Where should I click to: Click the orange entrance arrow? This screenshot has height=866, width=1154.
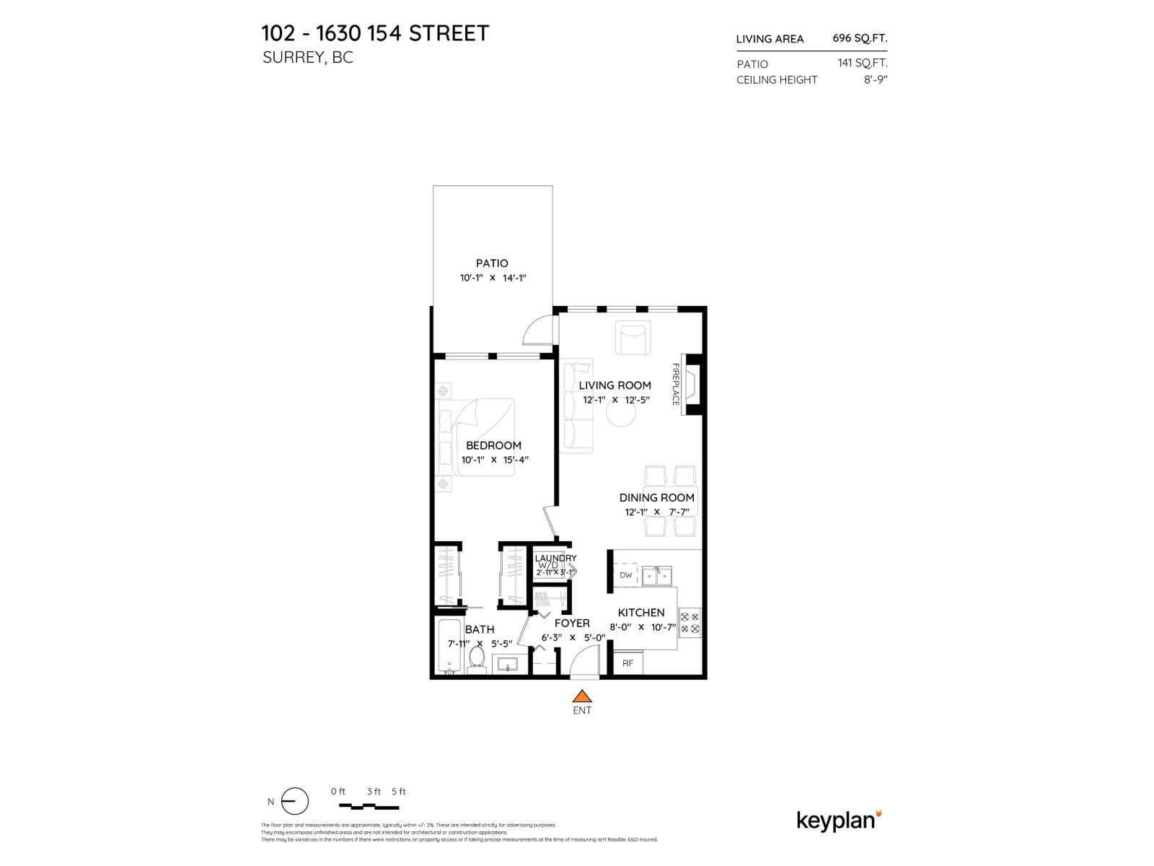[581, 696]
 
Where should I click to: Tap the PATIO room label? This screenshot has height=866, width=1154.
[492, 263]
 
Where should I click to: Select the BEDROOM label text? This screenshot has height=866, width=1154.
[493, 445]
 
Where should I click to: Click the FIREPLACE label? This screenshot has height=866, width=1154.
[677, 384]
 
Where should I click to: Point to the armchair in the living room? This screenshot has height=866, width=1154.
[633, 338]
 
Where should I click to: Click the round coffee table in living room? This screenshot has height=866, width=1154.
[620, 414]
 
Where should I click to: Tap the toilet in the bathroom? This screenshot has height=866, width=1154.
[476, 659]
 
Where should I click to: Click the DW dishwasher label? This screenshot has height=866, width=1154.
[625, 575]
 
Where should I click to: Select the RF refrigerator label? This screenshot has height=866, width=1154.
[627, 662]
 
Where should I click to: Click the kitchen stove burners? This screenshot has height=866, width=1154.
[690, 623]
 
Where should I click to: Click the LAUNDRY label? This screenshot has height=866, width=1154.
[555, 558]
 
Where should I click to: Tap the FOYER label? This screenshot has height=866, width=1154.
[572, 623]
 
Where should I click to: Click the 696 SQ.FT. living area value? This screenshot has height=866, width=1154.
[860, 39]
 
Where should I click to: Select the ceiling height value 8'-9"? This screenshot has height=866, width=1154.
[875, 79]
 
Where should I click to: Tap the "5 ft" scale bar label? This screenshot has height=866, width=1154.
[398, 792]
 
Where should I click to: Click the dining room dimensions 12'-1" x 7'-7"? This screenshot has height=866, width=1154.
[657, 512]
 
